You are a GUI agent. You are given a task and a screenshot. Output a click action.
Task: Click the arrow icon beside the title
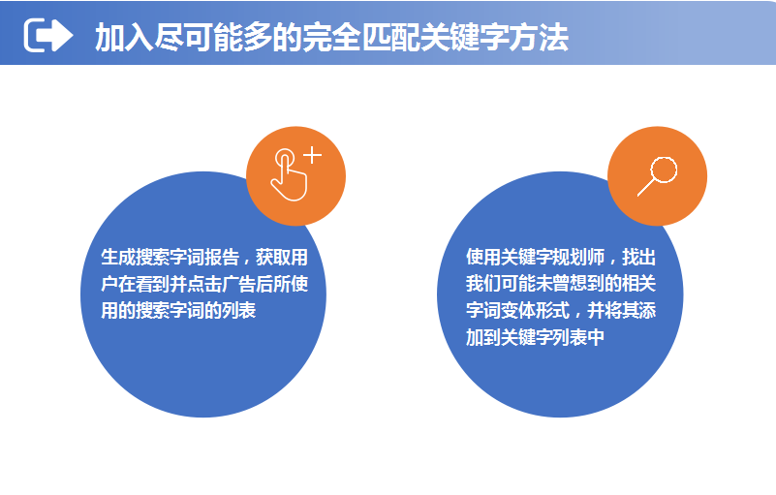click(x=48, y=35)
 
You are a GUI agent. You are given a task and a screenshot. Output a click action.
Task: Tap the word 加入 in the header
click(x=124, y=37)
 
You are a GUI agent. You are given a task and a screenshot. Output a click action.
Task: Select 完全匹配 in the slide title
click(x=361, y=37)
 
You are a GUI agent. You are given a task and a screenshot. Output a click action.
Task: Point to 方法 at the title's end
click(x=539, y=37)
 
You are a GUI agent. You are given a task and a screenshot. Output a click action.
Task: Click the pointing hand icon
click(x=290, y=174)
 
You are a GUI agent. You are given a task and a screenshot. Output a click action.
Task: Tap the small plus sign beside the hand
click(x=313, y=155)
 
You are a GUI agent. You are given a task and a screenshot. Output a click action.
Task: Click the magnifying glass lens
click(x=664, y=170)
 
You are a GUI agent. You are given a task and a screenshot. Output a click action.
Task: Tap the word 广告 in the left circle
click(x=239, y=284)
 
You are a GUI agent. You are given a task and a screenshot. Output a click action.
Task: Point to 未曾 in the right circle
click(x=552, y=284)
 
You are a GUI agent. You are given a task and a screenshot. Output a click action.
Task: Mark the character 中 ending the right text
click(x=596, y=337)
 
